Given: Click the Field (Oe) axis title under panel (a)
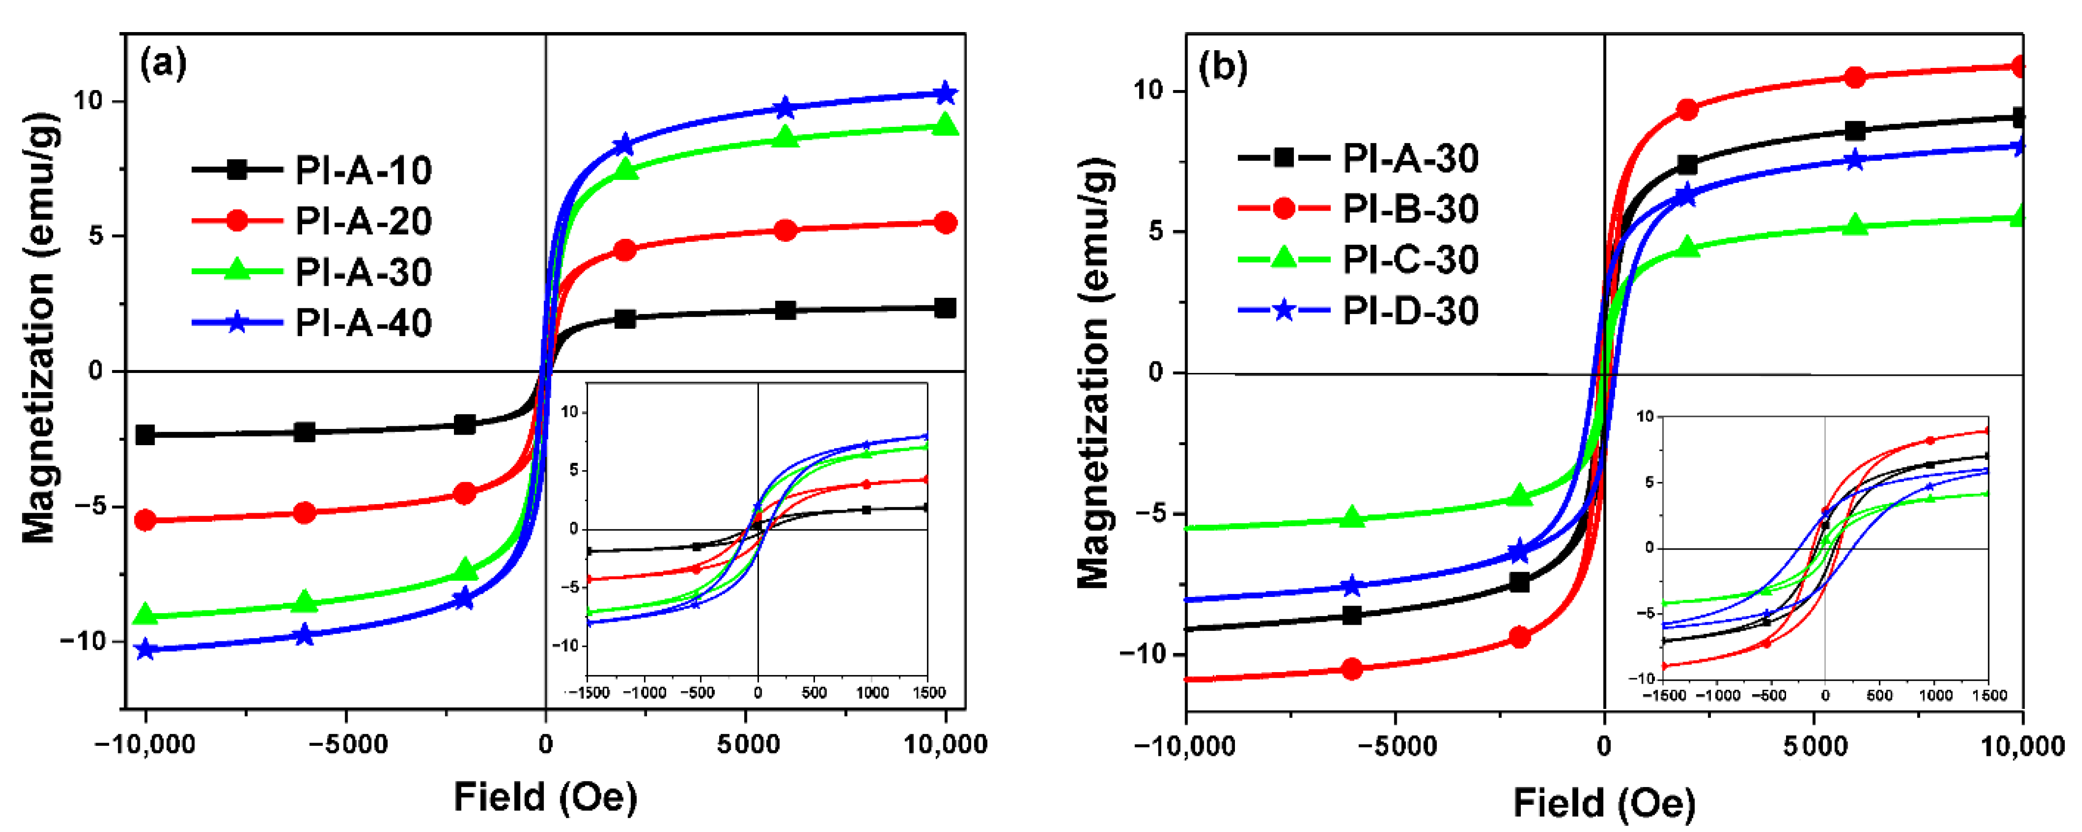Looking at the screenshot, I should click(x=545, y=797).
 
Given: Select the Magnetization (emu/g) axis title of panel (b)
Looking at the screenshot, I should click(x=1095, y=371).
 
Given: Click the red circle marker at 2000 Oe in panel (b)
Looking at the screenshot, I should click(x=1687, y=110).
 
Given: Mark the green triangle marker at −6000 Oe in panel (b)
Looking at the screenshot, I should click(x=1352, y=518).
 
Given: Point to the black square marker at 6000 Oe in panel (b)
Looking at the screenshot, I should click(x=1855, y=131).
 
